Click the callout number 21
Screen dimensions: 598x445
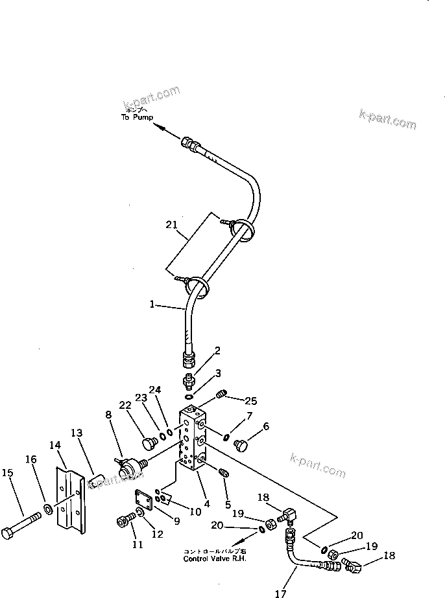click(x=171, y=225)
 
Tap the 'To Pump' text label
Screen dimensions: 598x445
click(x=137, y=117)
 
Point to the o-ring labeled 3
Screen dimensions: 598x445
click(x=188, y=396)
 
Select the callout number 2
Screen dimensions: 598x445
click(x=217, y=351)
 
